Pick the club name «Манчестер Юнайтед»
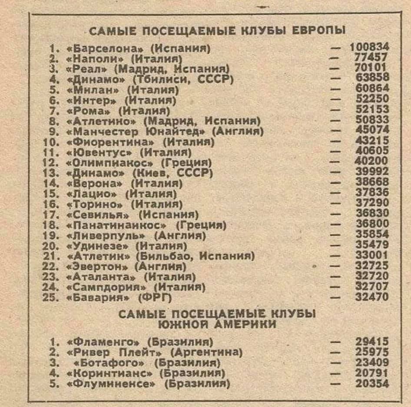pos(138,131)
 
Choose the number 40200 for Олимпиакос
pos(372,161)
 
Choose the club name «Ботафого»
pos(111,363)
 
